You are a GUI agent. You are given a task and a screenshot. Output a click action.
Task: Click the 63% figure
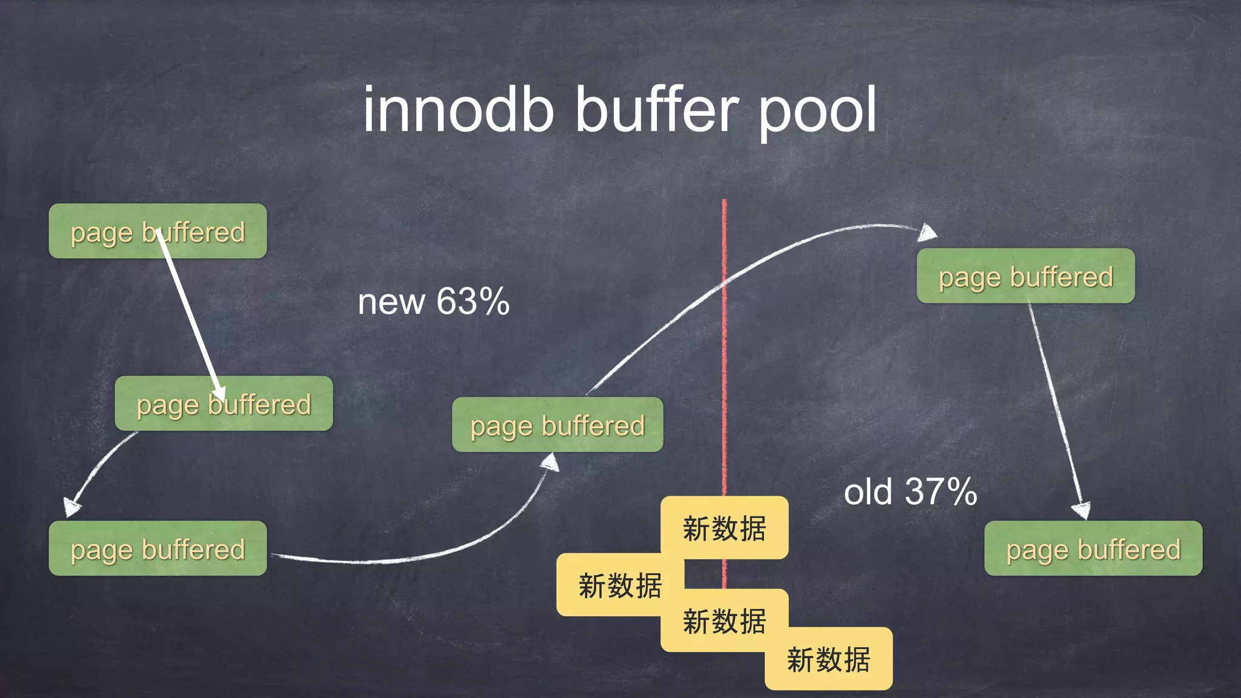pyautogui.click(x=473, y=301)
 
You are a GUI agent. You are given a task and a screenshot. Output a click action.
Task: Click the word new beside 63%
pyautogui.click(x=391, y=302)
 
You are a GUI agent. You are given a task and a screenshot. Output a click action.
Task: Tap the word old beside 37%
pyautogui.click(x=868, y=491)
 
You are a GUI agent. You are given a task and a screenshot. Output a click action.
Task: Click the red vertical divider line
pyautogui.click(x=724, y=364)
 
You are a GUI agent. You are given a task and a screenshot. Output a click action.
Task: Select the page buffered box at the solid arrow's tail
pyautogui.click(x=158, y=231)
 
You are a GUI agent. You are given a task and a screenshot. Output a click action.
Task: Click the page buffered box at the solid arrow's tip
pyautogui.click(x=224, y=404)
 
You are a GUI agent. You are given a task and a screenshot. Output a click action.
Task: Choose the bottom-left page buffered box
pyautogui.click(x=158, y=548)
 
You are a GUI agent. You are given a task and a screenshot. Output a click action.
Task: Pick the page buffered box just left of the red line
pyautogui.click(x=557, y=425)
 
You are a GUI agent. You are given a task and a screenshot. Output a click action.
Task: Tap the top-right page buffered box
pyautogui.click(x=1025, y=276)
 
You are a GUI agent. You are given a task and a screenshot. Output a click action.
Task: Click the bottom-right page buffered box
pyautogui.click(x=1093, y=548)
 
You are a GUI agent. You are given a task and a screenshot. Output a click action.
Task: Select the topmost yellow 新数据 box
pyautogui.click(x=724, y=528)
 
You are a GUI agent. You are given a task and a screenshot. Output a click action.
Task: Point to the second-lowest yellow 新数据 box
pyautogui.click(x=724, y=621)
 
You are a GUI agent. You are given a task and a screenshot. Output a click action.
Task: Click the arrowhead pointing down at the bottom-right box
pyautogui.click(x=1082, y=510)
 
